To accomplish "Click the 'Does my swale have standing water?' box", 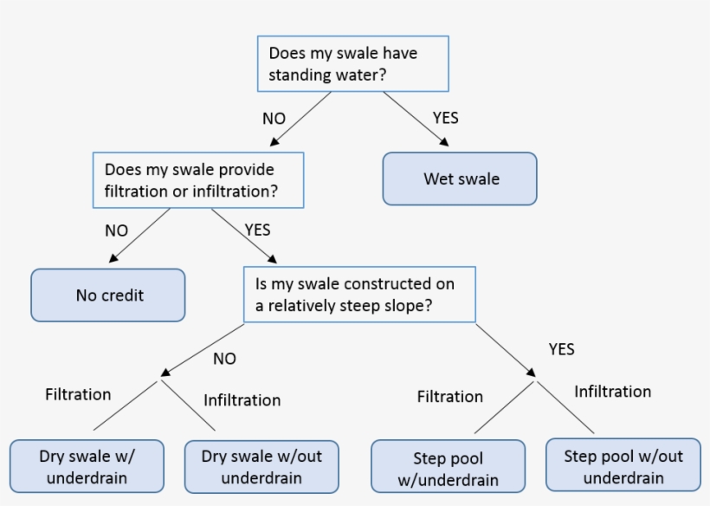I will [x=353, y=64].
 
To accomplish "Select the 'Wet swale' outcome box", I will [x=460, y=179].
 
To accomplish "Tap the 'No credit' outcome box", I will [x=108, y=295].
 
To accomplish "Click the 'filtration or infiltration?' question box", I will [x=198, y=180].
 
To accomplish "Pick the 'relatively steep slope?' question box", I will [x=359, y=295].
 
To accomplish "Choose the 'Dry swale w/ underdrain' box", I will [x=87, y=466].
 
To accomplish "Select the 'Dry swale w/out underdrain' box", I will [x=261, y=466].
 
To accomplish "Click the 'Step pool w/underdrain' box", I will [x=448, y=467].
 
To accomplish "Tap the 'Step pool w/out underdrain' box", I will [x=623, y=466].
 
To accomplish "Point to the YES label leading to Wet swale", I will [x=445, y=118].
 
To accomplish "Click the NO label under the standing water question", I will [x=274, y=119].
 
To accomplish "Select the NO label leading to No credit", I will [x=116, y=230].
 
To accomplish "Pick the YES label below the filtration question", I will [x=257, y=230].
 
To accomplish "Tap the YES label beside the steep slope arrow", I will [x=561, y=349].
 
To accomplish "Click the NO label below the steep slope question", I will [x=224, y=358].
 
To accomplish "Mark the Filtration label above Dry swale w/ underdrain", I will [x=78, y=394].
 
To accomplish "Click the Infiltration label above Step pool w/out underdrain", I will [x=612, y=392].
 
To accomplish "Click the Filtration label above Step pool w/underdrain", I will [x=449, y=396].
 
